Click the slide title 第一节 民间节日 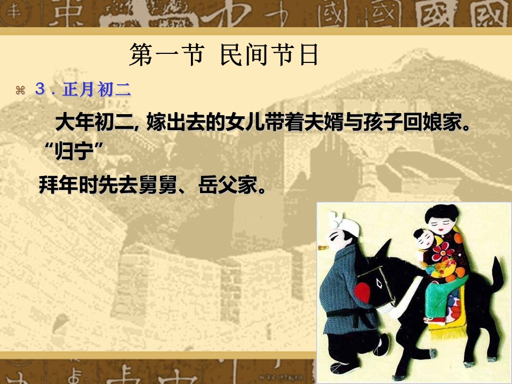[223, 55]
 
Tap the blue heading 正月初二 [97, 89]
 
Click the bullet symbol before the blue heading [20, 90]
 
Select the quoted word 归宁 [74, 151]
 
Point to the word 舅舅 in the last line [158, 185]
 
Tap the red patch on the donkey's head [362, 292]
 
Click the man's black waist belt [351, 314]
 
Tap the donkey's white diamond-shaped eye [379, 283]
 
